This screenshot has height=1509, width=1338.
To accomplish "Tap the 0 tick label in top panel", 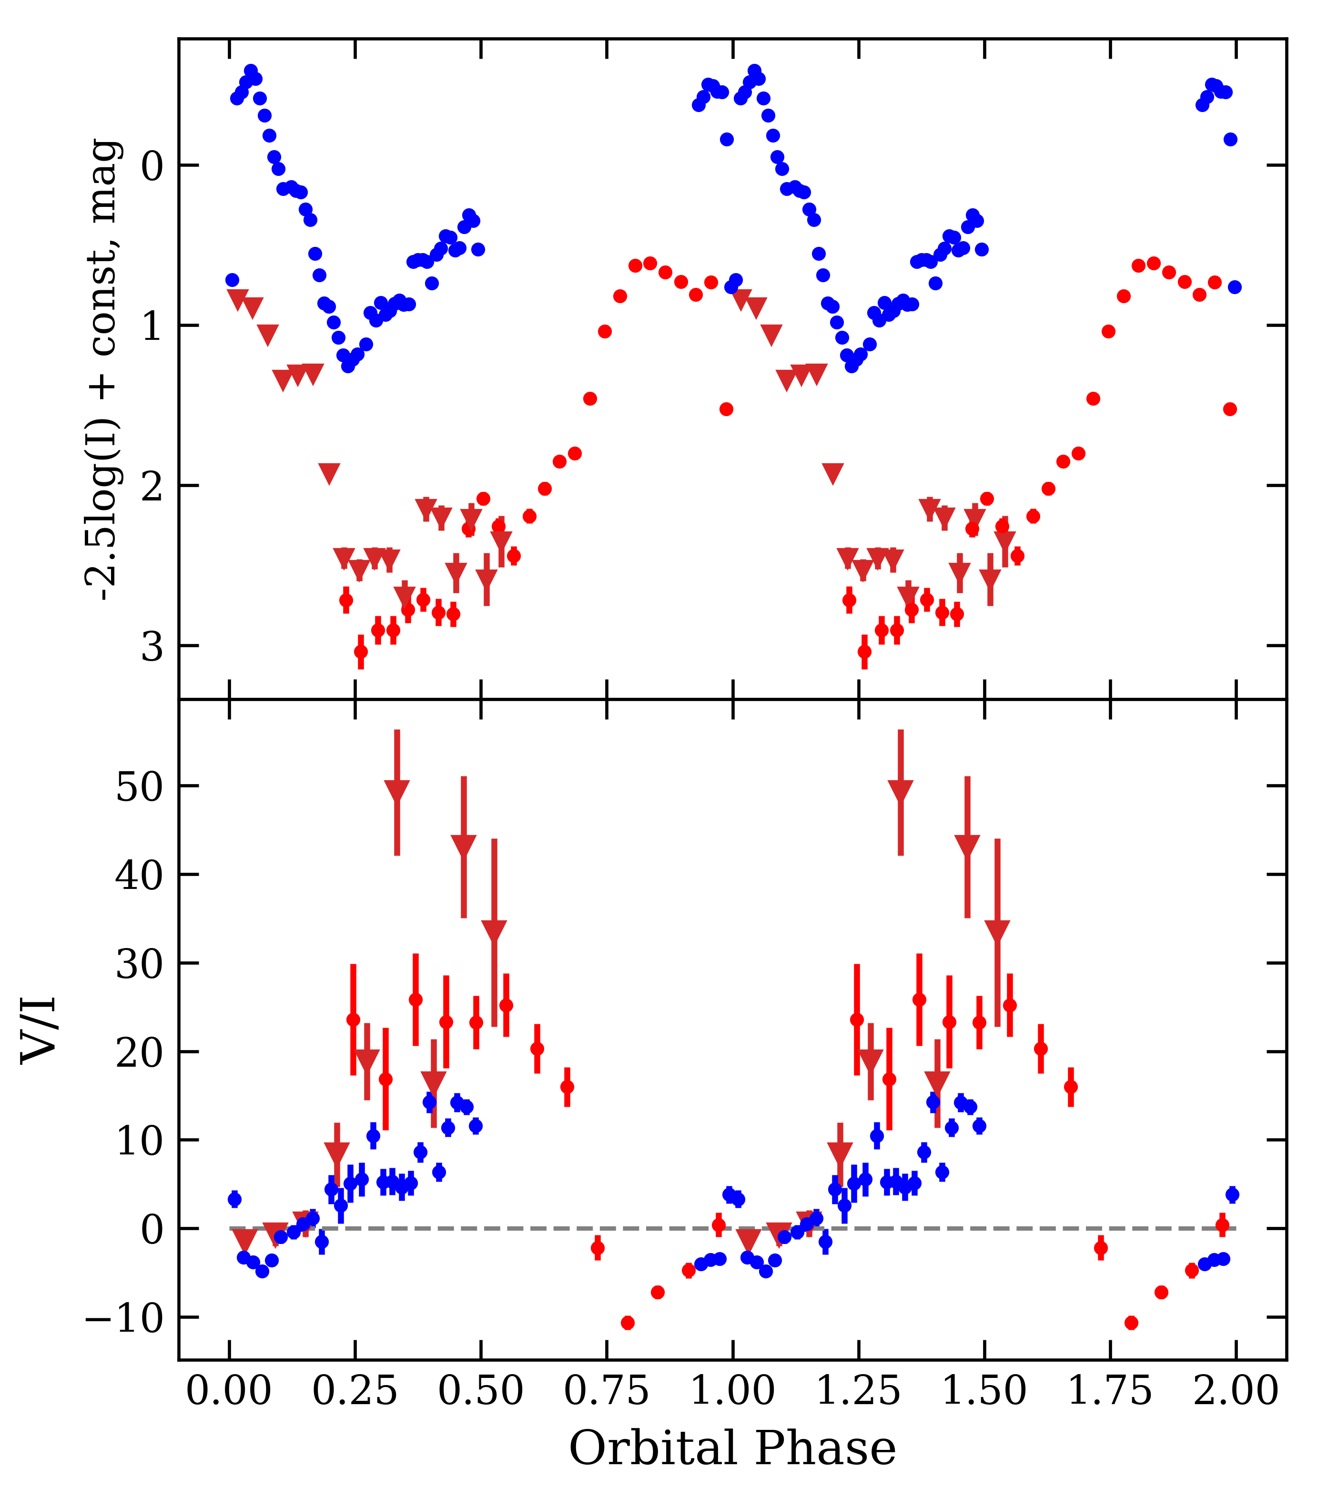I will [x=152, y=167].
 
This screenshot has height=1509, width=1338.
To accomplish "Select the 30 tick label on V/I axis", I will [x=138, y=965].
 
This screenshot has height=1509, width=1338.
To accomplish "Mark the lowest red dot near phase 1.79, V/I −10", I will [x=1131, y=1322].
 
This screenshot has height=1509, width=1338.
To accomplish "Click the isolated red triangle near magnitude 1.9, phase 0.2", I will [x=329, y=473].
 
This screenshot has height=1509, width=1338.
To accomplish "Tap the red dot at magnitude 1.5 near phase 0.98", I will [x=726, y=409].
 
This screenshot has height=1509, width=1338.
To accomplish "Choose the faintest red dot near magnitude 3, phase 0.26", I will [x=361, y=651].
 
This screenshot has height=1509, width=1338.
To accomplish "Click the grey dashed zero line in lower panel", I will [x=517, y=1228].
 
